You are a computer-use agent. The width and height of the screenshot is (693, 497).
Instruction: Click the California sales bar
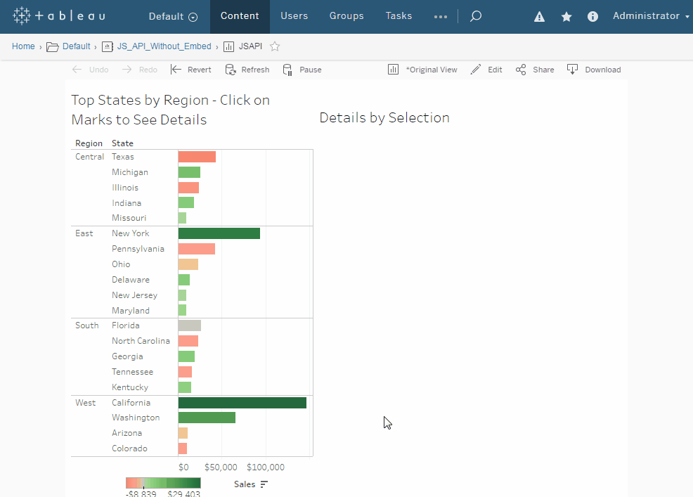coord(242,402)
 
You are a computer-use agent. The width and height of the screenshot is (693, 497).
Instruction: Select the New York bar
coord(219,233)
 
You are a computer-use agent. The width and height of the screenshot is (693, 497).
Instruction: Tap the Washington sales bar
coord(207,418)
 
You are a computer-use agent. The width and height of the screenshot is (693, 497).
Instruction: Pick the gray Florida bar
coord(190,325)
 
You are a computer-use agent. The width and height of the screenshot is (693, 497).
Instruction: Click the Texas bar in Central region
coord(197,157)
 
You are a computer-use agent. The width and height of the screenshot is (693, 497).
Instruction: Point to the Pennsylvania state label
coord(138,249)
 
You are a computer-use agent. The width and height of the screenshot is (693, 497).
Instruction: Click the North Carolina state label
coord(141,340)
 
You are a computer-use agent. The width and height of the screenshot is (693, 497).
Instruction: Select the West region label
coord(85,402)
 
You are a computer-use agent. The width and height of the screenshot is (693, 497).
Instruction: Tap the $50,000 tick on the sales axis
coord(221,467)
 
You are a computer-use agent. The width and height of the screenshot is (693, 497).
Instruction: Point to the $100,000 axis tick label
coord(265,467)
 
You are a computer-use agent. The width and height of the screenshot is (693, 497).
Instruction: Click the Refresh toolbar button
coord(247,70)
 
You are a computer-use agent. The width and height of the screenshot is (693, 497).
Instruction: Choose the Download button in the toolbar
coord(594,70)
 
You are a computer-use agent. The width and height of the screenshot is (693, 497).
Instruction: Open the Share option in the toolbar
coord(535,70)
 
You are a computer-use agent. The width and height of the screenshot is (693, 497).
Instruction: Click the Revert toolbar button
coord(191,70)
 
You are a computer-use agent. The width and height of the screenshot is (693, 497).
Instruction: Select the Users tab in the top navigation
coord(294,16)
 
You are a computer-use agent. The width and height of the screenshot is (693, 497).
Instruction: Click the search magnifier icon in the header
coord(476,16)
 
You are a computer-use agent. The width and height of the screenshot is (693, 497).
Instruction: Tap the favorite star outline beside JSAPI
coord(275,46)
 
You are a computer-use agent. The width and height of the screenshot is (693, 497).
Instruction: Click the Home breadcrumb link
coord(23,46)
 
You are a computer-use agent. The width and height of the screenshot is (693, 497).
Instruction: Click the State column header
coord(122,143)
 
